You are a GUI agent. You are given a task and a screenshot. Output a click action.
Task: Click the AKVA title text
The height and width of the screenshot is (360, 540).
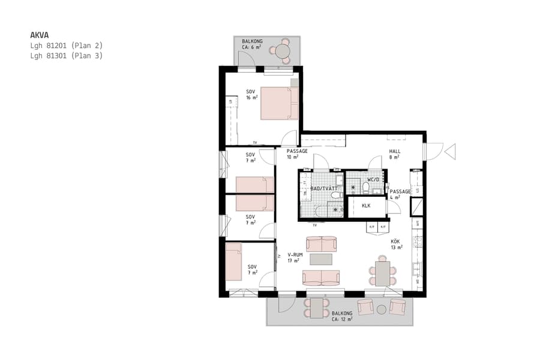(x=39, y=35)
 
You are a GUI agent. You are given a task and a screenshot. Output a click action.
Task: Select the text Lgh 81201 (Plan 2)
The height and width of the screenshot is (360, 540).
(x=67, y=45)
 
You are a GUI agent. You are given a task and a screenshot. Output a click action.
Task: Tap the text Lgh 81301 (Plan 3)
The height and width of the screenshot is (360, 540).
(x=67, y=56)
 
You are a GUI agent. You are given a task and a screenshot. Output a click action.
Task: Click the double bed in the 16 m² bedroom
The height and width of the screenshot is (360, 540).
(x=279, y=103)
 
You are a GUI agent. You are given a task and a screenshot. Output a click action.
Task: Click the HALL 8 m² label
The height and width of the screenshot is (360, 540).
(x=394, y=154)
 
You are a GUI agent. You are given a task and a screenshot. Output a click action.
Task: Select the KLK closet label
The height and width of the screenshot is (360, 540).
(x=365, y=206)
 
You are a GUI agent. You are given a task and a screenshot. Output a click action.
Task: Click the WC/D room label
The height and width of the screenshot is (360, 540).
(x=373, y=179)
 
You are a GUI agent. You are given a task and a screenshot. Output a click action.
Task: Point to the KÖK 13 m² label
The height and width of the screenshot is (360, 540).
(x=396, y=244)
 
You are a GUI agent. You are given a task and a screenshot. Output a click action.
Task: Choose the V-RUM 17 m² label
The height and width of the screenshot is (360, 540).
(x=295, y=257)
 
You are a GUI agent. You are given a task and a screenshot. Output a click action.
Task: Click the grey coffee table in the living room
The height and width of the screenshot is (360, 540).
(x=321, y=259)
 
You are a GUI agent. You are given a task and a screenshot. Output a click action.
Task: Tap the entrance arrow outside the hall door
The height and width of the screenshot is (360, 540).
(x=451, y=151)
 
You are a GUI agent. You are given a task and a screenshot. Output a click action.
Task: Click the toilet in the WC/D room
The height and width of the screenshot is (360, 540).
(x=365, y=188)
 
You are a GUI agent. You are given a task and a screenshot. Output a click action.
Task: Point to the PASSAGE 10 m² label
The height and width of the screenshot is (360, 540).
(x=297, y=154)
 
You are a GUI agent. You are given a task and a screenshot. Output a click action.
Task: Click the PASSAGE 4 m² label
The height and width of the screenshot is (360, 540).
(x=400, y=194)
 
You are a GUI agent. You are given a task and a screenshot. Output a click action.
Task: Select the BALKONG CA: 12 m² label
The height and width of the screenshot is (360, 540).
(x=341, y=316)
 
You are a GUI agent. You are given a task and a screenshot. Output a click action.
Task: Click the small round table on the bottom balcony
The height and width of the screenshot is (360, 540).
(x=381, y=309)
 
